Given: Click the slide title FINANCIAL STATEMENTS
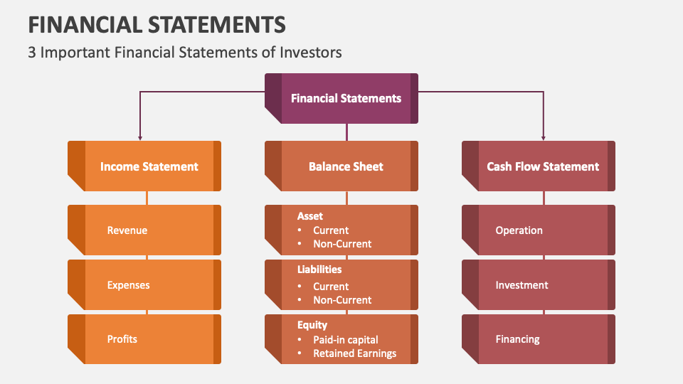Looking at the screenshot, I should tap(157, 24).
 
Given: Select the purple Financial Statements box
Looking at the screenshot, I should tap(346, 98).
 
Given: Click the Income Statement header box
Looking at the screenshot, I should tap(149, 166).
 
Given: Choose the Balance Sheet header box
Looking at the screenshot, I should tap(346, 166).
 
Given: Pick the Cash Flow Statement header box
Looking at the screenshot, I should tap(543, 166).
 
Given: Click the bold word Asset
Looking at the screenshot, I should tap(310, 216).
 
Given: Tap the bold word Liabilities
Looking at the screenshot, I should tap(319, 270).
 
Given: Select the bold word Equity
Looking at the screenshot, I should tap(312, 325).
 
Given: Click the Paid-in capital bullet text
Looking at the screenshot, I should tap(346, 340).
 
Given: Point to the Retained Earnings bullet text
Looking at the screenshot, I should tap(354, 353).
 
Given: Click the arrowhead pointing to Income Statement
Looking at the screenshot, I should tap(139, 137).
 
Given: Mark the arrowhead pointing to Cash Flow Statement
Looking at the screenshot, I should tap(543, 137).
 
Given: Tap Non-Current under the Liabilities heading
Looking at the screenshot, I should tap(342, 300).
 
